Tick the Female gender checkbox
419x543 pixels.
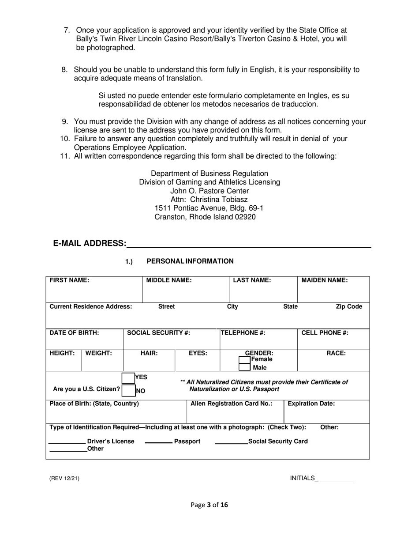[x=244, y=360]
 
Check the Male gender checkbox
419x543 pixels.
[x=244, y=367]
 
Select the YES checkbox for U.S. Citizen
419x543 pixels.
[x=128, y=378]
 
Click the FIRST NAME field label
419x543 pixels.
[x=69, y=280]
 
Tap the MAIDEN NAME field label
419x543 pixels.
[x=324, y=280]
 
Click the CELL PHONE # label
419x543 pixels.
[x=325, y=333]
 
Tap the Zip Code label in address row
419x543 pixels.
[x=349, y=307]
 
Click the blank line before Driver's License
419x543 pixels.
[x=67, y=443]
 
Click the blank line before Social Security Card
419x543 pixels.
[x=231, y=443]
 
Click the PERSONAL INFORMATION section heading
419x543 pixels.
[x=190, y=261]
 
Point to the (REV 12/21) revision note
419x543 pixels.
[x=64, y=479]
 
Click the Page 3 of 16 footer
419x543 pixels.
[x=209, y=505]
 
